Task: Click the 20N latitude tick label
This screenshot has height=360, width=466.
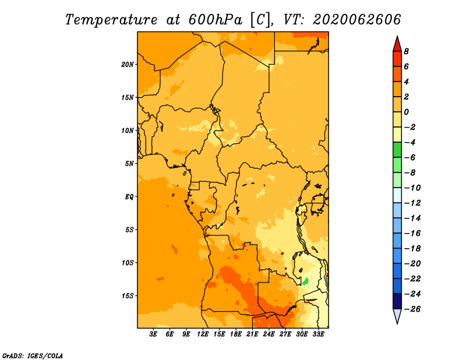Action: pyautogui.click(x=128, y=65)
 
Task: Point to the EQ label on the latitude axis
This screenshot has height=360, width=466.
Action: pyautogui.click(x=129, y=197)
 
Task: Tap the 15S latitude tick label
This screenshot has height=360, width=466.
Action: pyautogui.click(x=128, y=296)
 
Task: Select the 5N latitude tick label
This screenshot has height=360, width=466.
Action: pyautogui.click(x=129, y=164)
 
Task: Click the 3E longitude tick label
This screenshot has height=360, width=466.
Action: pyautogui.click(x=153, y=334)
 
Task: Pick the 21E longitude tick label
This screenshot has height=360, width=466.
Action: pyautogui.click(x=252, y=334)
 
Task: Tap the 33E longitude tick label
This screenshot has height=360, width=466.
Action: pyautogui.click(x=318, y=334)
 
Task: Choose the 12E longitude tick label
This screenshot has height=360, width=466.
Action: pyautogui.click(x=202, y=334)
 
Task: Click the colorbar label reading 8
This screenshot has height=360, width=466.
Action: pyautogui.click(x=406, y=51)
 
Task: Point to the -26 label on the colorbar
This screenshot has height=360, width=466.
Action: pyautogui.click(x=412, y=309)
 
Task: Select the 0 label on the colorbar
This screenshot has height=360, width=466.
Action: pyautogui.click(x=406, y=112)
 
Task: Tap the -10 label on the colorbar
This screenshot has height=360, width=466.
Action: pyautogui.click(x=412, y=188)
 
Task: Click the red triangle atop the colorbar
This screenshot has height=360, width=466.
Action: pyautogui.click(x=397, y=45)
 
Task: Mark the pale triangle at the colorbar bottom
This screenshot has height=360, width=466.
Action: pyautogui.click(x=397, y=315)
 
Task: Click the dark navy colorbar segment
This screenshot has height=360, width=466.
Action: pyautogui.click(x=397, y=301)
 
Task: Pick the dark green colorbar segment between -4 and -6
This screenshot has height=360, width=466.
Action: pyautogui.click(x=397, y=150)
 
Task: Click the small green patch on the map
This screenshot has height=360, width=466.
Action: pyautogui.click(x=305, y=281)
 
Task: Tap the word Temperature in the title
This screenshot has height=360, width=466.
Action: pyautogui.click(x=111, y=20)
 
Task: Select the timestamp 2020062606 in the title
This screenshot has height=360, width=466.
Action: pyautogui.click(x=356, y=20)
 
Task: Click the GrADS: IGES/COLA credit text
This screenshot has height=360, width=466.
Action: pyautogui.click(x=33, y=355)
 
